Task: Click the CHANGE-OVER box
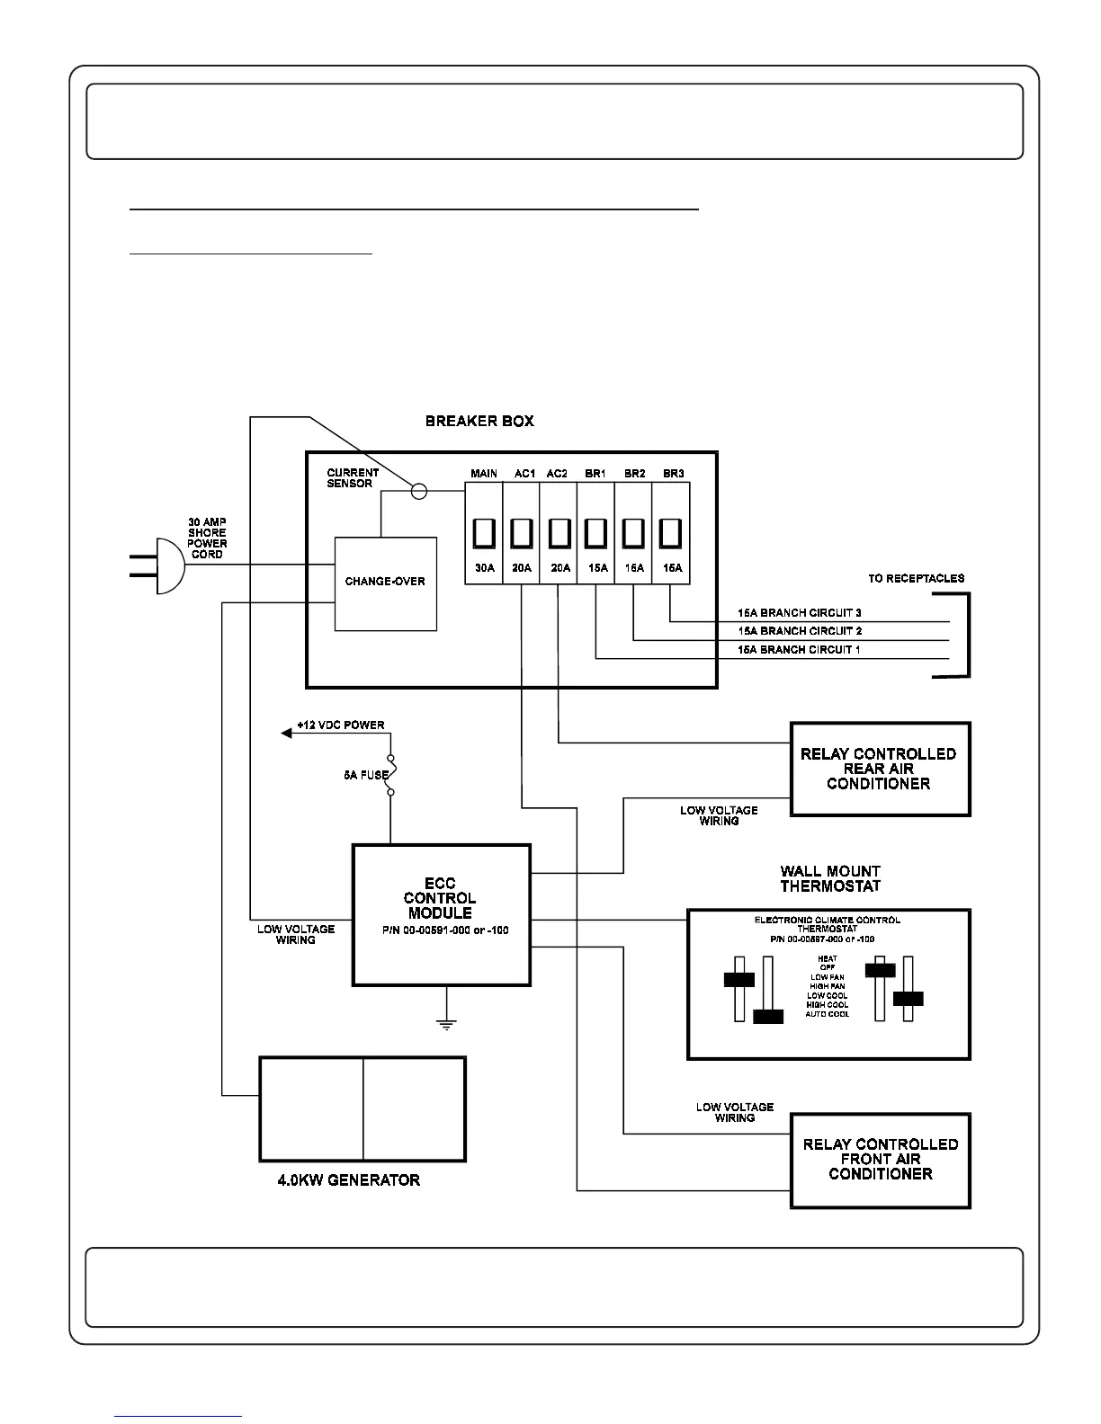pos(385,583)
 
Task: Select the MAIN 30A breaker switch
pos(484,533)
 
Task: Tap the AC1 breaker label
pos(524,474)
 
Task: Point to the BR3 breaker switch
pos(671,533)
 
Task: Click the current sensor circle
pos(418,491)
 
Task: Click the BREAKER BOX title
pos(479,421)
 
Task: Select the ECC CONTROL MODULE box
pos(441,914)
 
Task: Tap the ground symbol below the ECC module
pos(445,1021)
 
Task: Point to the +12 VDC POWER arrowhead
pos(287,734)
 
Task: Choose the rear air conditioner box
pos(880,769)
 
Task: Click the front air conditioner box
pos(880,1160)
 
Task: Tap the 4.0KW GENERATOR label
pos(349,1180)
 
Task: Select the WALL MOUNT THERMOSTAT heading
pos(829,878)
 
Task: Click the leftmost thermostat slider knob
pos(738,979)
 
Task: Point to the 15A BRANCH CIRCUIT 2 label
pos(800,631)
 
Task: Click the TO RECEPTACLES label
pos(916,578)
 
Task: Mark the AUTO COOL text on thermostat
pos(827,1014)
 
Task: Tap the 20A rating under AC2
pos(560,568)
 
